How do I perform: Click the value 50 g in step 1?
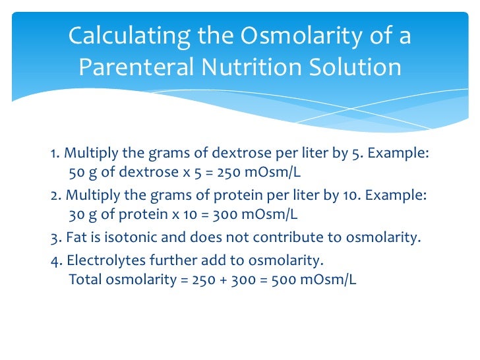[81, 173]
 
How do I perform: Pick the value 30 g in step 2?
[81, 215]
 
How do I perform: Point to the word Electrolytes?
[98, 258]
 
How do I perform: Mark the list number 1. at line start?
[55, 154]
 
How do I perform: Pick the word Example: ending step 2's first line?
[398, 196]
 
